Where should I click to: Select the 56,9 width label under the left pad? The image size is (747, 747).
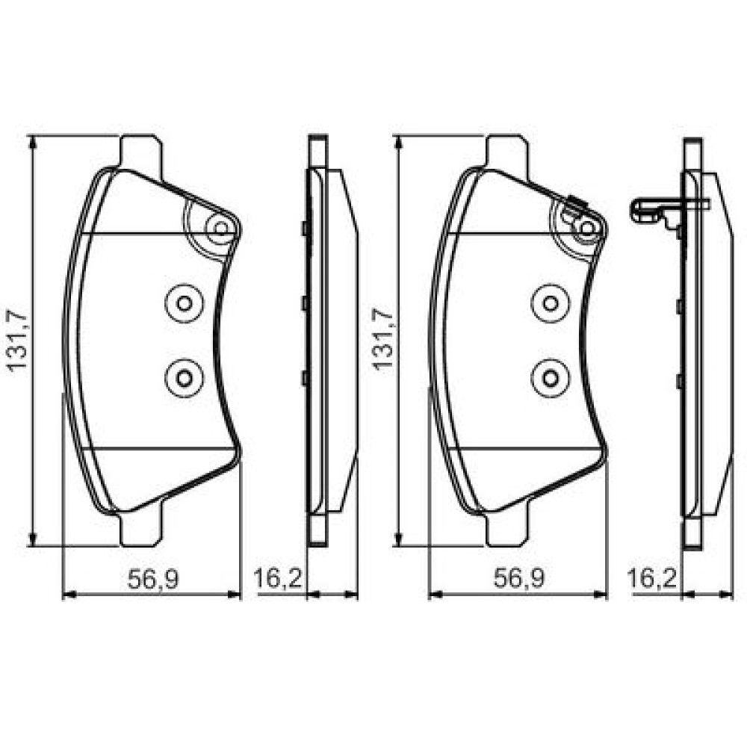tap(153, 579)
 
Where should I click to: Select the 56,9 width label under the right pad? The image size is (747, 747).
tap(519, 579)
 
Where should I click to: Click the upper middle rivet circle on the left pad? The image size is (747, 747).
tap(185, 303)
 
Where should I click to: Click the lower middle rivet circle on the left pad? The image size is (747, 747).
tap(185, 378)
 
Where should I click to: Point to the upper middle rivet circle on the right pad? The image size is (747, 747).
tap(551, 303)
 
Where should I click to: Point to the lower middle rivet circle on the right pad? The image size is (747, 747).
tap(551, 378)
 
